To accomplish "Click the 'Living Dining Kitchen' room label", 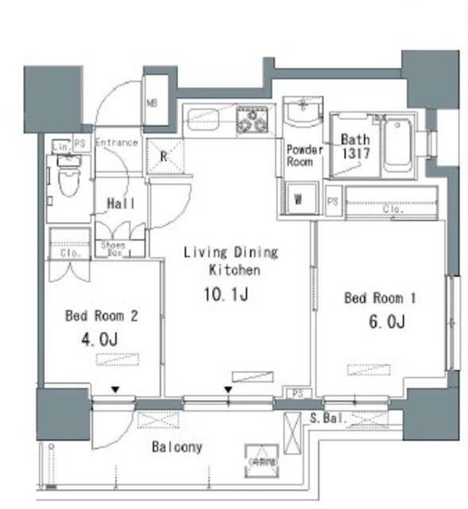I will pyautogui.click(x=230, y=261).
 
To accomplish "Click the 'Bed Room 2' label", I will pyautogui.click(x=102, y=316).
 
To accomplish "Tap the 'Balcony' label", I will pyautogui.click(x=176, y=447).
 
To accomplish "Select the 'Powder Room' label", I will pyautogui.click(x=300, y=155).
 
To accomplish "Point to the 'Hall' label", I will pyautogui.click(x=120, y=204).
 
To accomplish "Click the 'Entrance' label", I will pyautogui.click(x=117, y=143).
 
